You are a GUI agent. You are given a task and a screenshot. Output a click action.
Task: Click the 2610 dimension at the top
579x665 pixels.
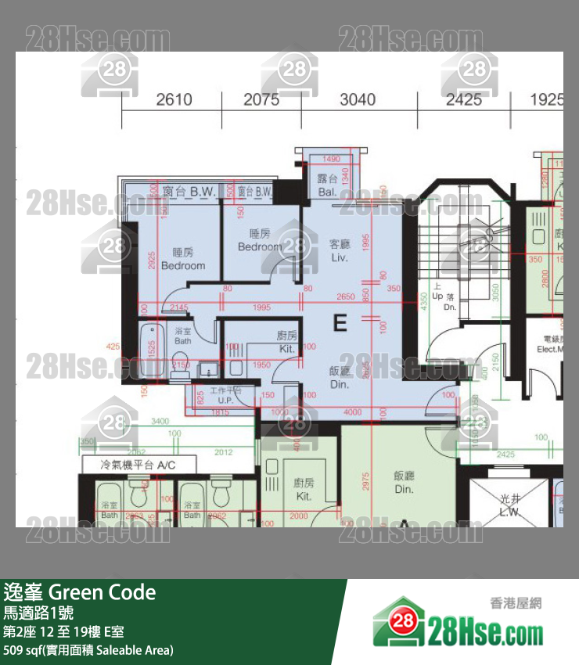[x=174, y=99]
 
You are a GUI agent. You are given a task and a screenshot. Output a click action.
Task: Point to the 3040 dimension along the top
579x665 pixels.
[x=358, y=99]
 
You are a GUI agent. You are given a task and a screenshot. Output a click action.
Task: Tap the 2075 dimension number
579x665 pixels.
[x=261, y=99]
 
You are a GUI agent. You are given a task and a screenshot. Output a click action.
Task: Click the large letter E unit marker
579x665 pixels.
[x=340, y=323]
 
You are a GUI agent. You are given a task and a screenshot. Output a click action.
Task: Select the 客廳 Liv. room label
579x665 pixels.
[x=340, y=250]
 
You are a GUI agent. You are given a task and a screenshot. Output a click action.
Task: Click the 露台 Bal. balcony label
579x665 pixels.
[x=326, y=184]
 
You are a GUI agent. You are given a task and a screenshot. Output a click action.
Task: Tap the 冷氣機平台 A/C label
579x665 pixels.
[x=138, y=465]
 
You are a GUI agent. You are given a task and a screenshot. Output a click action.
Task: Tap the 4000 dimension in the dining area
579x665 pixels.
[x=352, y=412]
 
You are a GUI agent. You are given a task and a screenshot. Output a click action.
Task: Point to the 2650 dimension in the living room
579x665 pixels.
[x=345, y=297]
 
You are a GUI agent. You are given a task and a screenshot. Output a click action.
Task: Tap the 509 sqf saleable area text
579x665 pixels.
[x=88, y=649]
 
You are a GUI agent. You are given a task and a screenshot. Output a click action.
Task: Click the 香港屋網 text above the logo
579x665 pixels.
[x=516, y=602]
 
